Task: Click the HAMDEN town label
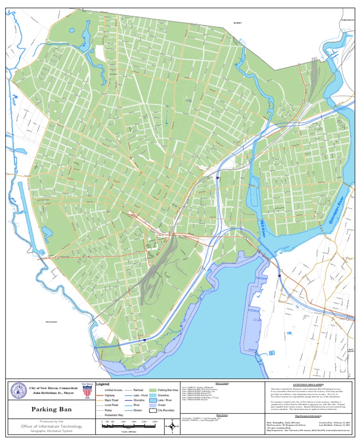point(239,23)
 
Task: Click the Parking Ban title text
point(47,409)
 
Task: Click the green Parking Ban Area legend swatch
point(152,390)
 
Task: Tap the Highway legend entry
point(110,395)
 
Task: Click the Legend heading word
point(102,384)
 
